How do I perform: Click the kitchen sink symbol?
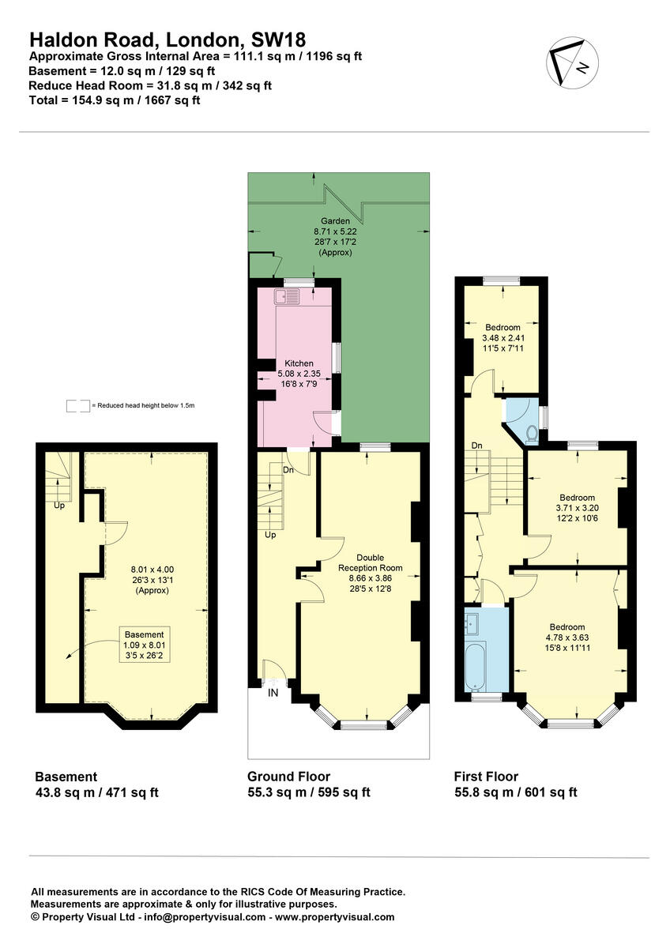coord(287,297)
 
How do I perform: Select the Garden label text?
coord(335,221)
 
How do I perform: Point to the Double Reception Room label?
coord(370,562)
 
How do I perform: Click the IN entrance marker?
coord(273,693)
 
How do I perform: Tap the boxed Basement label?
coord(144,634)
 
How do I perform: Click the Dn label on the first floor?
coord(477,446)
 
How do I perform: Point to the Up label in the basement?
coord(59,505)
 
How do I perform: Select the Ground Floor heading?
coord(289,777)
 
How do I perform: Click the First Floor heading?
coord(486,777)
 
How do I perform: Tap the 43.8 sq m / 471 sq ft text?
coord(97,792)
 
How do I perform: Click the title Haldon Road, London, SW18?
coord(167,39)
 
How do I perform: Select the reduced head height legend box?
coord(77,406)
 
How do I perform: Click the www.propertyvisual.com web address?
coord(335,917)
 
